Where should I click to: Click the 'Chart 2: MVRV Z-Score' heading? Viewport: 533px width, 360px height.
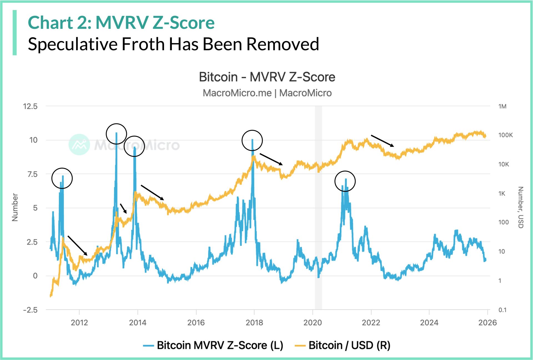coord(121,22)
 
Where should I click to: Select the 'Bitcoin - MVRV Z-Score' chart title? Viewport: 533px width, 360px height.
coord(267,77)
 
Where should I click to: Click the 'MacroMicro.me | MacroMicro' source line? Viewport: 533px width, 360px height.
coord(267,93)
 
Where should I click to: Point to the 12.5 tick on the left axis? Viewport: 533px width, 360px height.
coord(30,106)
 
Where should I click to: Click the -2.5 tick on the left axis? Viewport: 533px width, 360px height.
coord(30,310)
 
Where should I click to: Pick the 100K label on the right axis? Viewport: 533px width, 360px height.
coord(505,135)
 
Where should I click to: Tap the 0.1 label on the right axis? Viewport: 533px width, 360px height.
coord(502,310)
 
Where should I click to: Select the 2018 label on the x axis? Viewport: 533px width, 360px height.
coord(254,323)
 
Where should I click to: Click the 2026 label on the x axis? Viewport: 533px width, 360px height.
coord(487,323)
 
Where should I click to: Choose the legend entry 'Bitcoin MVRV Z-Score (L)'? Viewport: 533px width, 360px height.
coord(219,345)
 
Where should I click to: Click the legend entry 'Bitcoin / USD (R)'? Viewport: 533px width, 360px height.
coord(349,345)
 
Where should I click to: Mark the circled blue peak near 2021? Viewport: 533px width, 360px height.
coord(345,181)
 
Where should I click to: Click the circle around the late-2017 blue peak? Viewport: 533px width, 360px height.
coord(252,140)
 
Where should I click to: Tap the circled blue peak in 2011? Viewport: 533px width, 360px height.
coord(62,178)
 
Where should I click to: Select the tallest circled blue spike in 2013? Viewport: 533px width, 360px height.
coord(116,134)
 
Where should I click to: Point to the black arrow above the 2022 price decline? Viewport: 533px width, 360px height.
coord(382,141)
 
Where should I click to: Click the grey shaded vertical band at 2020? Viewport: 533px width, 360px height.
coord(318,208)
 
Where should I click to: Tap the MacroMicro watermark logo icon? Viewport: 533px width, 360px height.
coord(79,145)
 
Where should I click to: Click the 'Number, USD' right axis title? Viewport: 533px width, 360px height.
coord(521,207)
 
